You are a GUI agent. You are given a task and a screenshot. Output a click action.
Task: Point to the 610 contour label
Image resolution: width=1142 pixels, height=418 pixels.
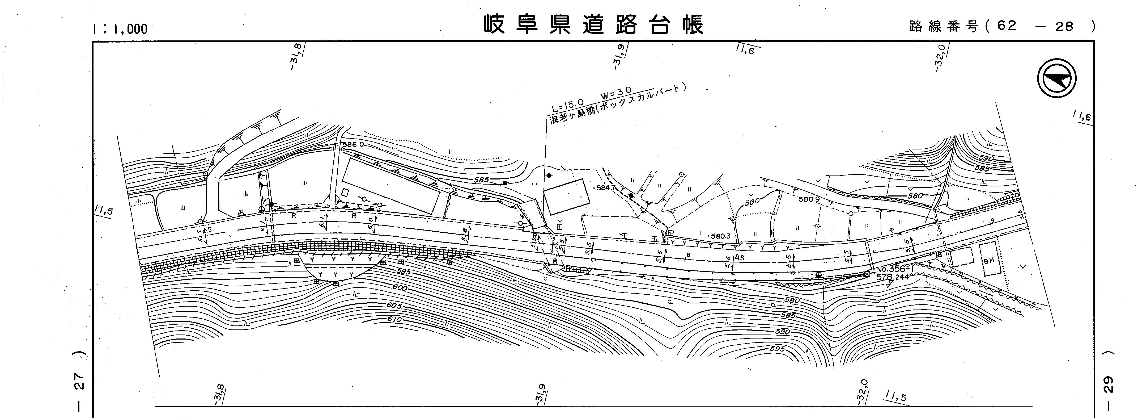394,319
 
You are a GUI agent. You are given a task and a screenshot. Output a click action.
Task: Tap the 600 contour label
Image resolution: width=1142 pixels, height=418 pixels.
400,287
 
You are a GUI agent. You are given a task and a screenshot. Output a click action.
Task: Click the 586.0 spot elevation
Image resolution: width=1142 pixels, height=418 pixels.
353,145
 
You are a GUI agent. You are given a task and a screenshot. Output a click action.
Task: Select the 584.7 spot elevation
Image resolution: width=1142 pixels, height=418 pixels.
606,188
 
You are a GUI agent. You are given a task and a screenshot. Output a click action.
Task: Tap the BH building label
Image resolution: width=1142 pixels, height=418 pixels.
989,261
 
